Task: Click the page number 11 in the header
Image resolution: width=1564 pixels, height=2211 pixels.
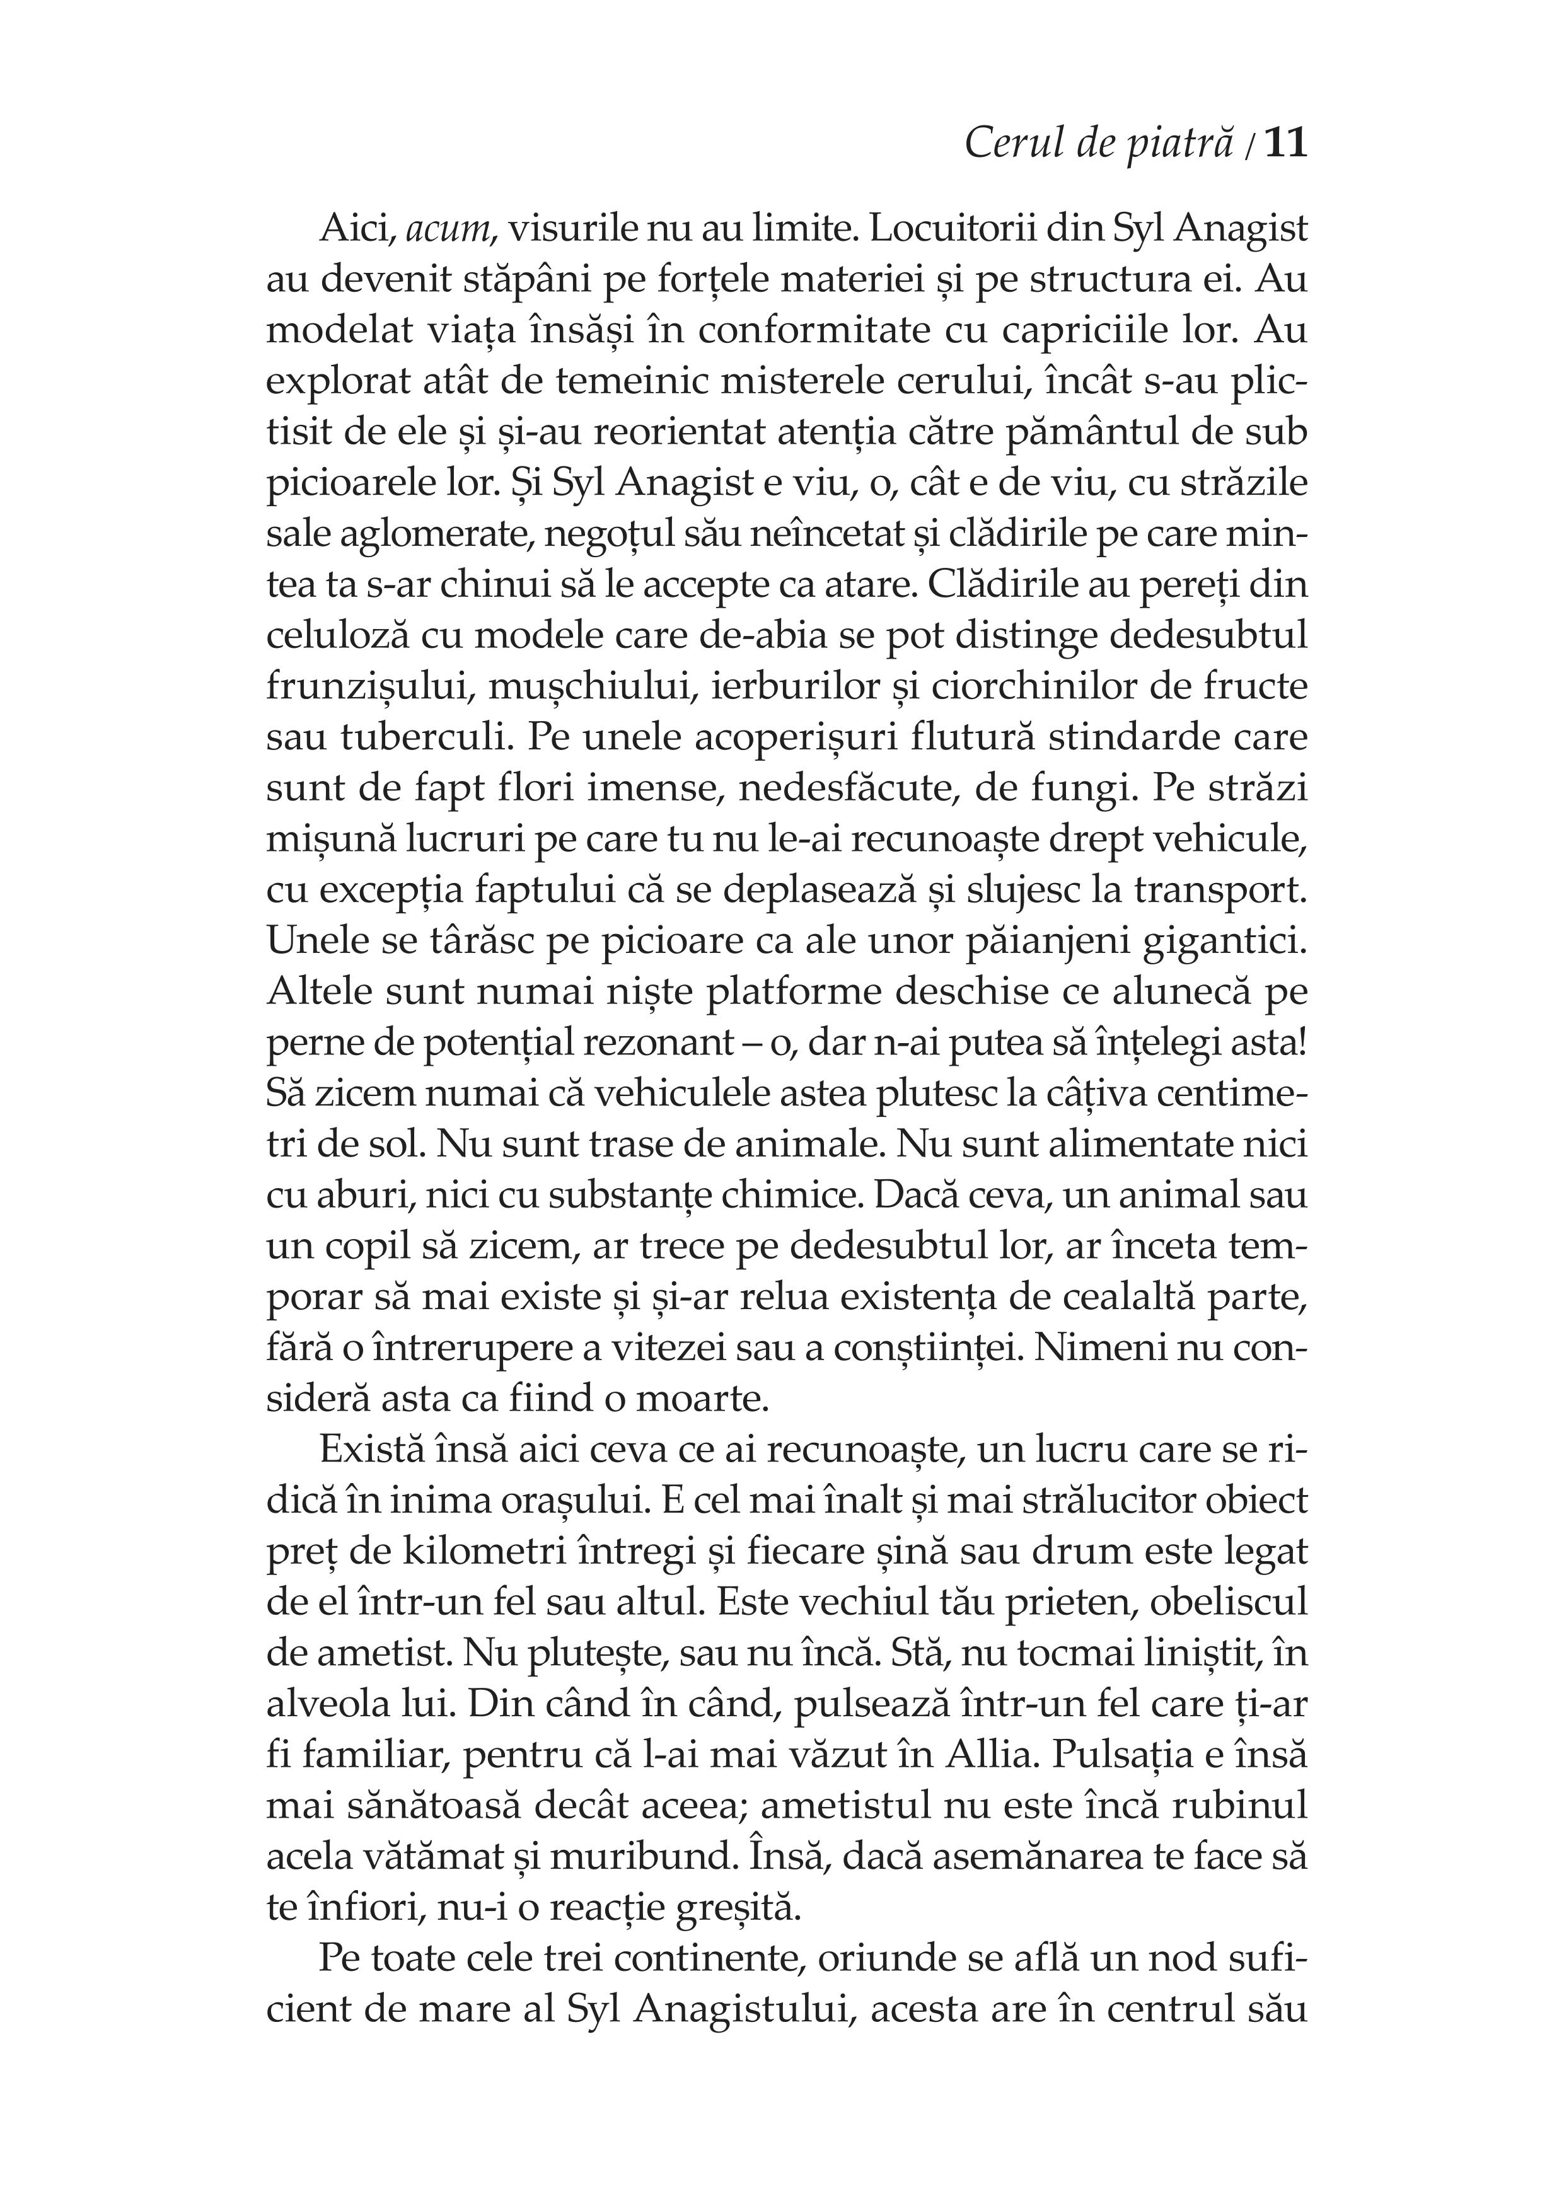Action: (x=1285, y=144)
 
